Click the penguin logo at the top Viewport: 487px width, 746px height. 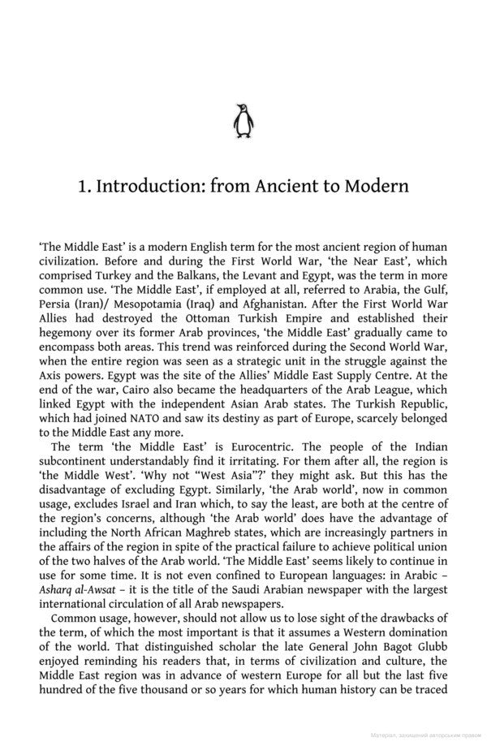point(243,121)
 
